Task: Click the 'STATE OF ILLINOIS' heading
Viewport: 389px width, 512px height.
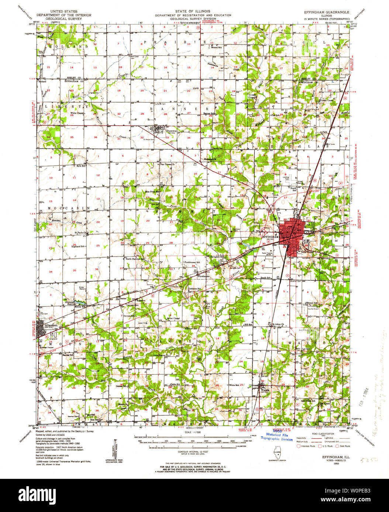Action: [193, 11]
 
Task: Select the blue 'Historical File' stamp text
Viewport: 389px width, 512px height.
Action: [277, 435]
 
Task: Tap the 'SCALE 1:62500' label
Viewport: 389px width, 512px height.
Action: [193, 432]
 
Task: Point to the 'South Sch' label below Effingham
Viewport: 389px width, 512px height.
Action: [266, 278]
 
